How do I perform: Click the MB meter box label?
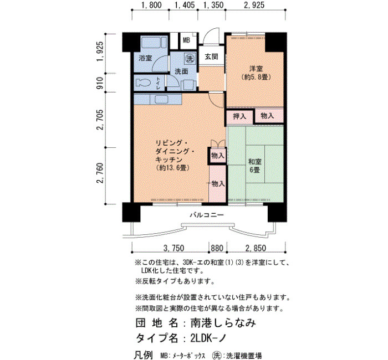[x=186, y=40]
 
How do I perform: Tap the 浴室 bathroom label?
[x=145, y=58]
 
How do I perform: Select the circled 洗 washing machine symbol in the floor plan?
[x=190, y=59]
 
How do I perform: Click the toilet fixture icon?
[x=143, y=83]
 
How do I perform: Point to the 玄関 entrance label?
[x=212, y=56]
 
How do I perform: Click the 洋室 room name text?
[x=256, y=69]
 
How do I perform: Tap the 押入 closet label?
[x=239, y=116]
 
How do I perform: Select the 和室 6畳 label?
[x=255, y=166]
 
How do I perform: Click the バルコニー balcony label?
[x=207, y=215]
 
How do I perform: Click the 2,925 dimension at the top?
[x=254, y=5]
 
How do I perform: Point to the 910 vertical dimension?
[x=100, y=83]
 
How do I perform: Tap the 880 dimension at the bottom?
[x=217, y=248]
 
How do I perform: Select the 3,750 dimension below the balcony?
[x=173, y=248]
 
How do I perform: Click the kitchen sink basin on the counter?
[x=161, y=100]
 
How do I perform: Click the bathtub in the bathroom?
[x=154, y=42]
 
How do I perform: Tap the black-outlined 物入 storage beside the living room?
[x=217, y=156]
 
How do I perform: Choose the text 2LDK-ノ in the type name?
[x=208, y=338]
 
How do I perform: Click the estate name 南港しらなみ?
[x=223, y=323]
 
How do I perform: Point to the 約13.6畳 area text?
[x=173, y=168]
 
